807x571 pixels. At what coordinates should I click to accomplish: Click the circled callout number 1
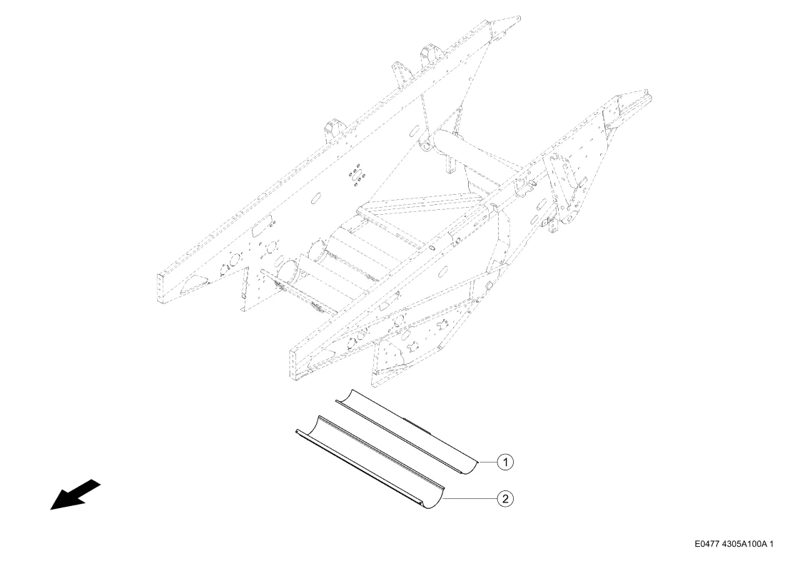[505, 463]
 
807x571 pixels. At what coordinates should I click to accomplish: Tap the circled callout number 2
[505, 498]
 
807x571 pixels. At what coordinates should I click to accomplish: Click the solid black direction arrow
[75, 495]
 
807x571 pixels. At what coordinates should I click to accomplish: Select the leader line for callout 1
[487, 463]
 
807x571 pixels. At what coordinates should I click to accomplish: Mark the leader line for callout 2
[470, 498]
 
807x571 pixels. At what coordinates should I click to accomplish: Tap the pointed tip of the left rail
[519, 19]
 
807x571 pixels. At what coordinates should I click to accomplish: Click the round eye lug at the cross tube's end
[425, 143]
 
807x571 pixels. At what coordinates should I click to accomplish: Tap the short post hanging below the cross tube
[451, 163]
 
